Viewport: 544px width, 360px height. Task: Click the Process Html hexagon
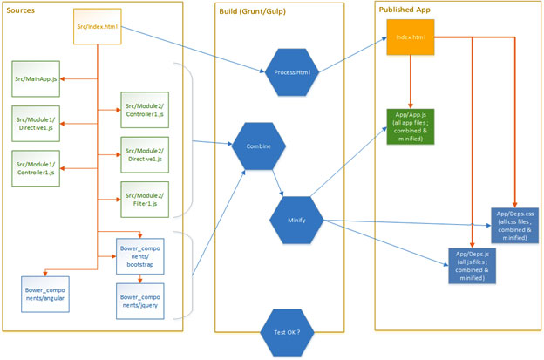click(292, 71)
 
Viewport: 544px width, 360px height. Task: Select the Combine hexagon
click(258, 146)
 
